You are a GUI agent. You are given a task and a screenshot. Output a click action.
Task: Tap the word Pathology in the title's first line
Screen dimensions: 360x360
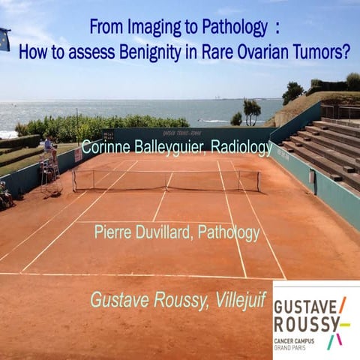(229, 28)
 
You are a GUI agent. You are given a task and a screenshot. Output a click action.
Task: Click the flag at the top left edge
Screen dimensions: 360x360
(4, 39)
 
